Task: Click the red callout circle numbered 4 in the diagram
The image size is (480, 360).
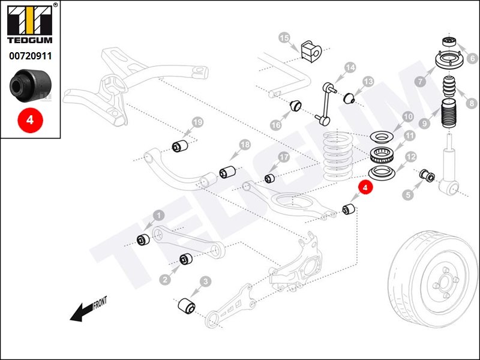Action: [x=365, y=187]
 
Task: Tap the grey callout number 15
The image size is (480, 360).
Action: [x=284, y=38]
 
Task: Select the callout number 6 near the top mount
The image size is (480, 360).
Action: [x=472, y=59]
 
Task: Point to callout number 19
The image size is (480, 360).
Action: [x=197, y=124]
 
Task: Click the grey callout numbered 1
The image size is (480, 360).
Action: [x=158, y=215]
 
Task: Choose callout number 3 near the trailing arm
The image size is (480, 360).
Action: [x=205, y=281]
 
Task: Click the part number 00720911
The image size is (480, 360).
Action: [x=29, y=56]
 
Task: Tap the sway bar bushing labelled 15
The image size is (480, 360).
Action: [x=309, y=50]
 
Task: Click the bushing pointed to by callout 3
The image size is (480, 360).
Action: [x=187, y=305]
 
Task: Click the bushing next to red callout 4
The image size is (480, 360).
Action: [x=349, y=210]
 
